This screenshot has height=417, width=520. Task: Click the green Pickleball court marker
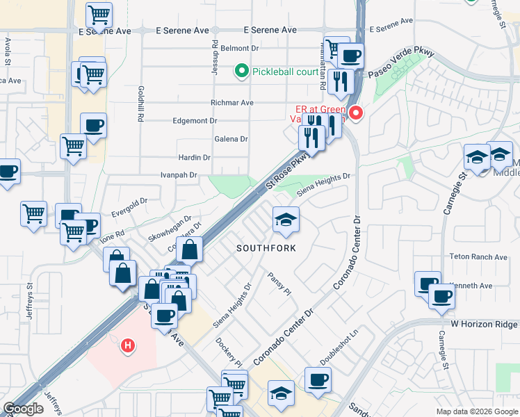click(241, 70)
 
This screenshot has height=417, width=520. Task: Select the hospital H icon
click(127, 344)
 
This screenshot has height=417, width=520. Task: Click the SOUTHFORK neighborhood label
click(266, 248)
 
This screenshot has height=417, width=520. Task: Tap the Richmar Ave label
click(232, 102)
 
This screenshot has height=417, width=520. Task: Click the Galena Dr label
click(231, 139)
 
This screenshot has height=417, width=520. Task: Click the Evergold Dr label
click(130, 202)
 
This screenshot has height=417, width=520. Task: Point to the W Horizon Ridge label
click(484, 325)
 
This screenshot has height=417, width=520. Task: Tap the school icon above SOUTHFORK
click(286, 220)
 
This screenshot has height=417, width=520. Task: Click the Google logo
click(23, 409)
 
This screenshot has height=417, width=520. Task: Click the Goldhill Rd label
click(140, 104)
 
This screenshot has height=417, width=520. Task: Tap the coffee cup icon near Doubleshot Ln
click(318, 380)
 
